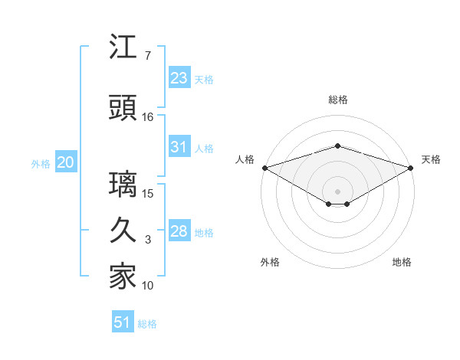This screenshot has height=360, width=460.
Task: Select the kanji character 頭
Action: click(x=123, y=109)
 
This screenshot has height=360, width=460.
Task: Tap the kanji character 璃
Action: click(x=123, y=185)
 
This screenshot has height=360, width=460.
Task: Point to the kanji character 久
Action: click(x=123, y=231)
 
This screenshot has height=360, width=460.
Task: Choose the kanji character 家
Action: click(x=123, y=277)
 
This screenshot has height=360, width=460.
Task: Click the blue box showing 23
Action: click(x=179, y=78)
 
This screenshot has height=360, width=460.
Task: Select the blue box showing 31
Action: click(x=179, y=147)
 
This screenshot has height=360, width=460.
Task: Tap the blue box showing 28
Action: click(x=179, y=231)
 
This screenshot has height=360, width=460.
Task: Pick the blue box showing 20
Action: click(x=66, y=162)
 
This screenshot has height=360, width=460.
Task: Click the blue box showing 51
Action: click(x=123, y=322)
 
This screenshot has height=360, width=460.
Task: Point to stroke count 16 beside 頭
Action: click(x=148, y=117)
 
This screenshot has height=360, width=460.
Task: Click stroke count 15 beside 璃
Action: click(x=148, y=193)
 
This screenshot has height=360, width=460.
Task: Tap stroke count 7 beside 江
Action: click(x=148, y=56)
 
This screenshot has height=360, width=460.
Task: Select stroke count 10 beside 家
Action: click(x=148, y=286)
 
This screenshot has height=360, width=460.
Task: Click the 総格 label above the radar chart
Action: click(x=337, y=100)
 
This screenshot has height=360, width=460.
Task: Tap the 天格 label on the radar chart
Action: click(x=432, y=159)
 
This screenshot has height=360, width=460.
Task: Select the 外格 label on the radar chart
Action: click(x=269, y=262)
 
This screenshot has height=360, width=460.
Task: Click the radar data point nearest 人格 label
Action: click(x=264, y=168)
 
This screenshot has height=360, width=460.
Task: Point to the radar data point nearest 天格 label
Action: click(x=411, y=168)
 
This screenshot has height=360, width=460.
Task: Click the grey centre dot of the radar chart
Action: click(x=337, y=191)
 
